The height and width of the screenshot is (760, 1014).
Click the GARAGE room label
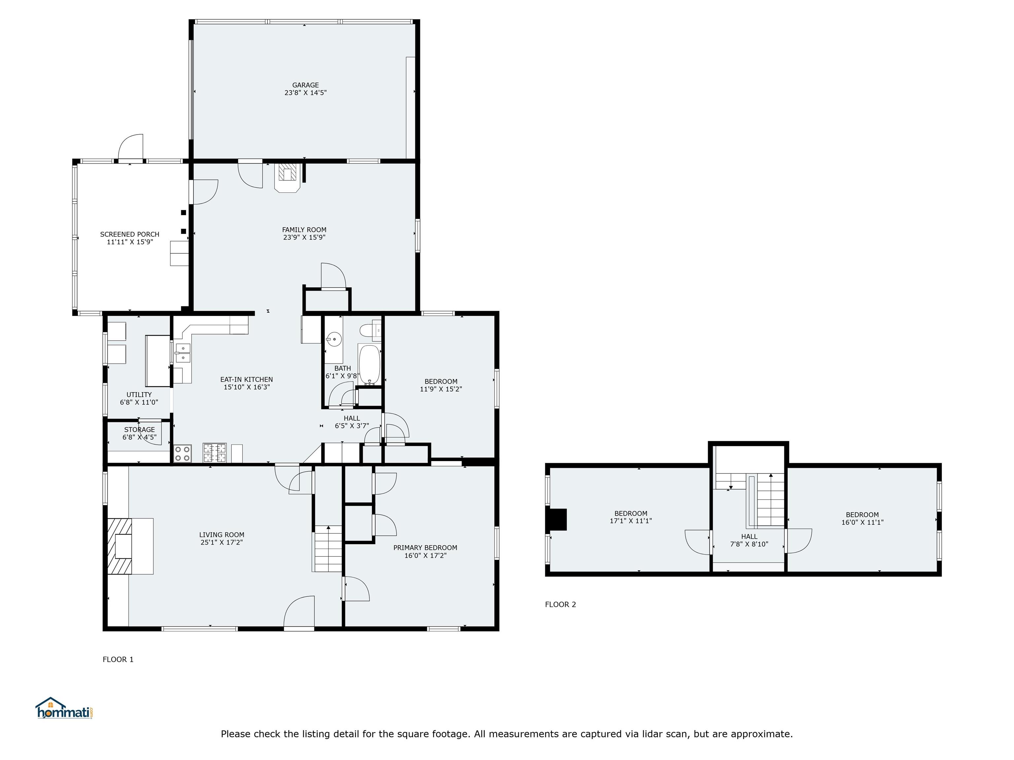coord(305,85)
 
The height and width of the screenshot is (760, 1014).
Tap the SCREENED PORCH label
coord(130,234)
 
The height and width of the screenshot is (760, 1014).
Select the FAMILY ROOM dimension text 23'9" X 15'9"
coord(304,237)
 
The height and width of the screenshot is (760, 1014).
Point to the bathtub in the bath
coord(369,364)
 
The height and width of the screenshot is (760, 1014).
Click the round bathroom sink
coord(334,340)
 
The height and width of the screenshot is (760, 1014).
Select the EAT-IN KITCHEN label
coord(247,379)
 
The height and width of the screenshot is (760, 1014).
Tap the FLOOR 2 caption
coord(560,604)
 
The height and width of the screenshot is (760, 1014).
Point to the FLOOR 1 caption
coord(118,659)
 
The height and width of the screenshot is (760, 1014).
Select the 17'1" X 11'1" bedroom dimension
coord(631,521)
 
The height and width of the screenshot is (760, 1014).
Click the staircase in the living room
coord(328,548)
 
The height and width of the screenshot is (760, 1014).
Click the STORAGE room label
coord(139,429)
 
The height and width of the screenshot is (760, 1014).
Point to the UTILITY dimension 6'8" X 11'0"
coord(139,402)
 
